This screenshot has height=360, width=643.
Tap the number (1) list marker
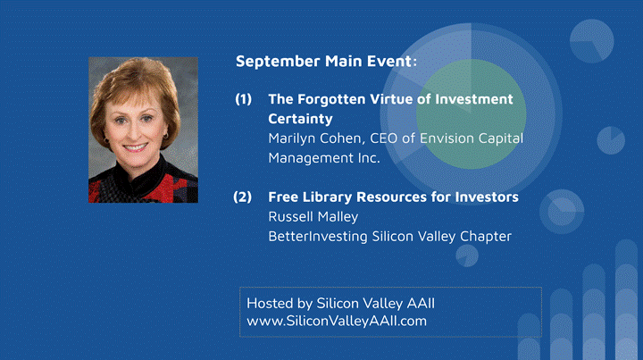[x=243, y=99]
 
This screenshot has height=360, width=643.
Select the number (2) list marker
[x=242, y=197]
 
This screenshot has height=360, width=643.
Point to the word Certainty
[x=300, y=119]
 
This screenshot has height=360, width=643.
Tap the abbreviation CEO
[x=384, y=138]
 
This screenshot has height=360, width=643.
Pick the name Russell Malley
[x=313, y=216]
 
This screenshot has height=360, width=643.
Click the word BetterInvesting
[x=318, y=237]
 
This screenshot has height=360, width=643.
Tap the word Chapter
[x=486, y=237]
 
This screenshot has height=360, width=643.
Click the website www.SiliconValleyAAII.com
[x=337, y=321]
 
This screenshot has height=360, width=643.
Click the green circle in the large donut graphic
[x=472, y=114]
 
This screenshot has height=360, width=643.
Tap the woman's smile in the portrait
[x=135, y=147]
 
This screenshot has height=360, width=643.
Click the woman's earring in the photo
[x=166, y=135]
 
